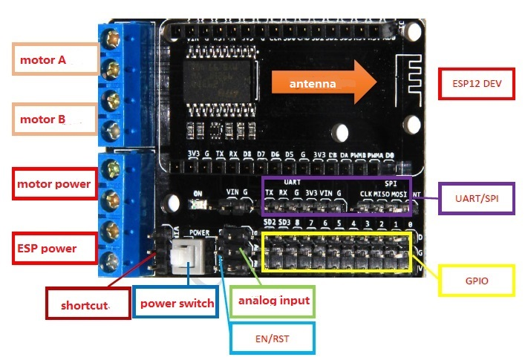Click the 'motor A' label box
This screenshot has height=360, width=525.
(x=56, y=59)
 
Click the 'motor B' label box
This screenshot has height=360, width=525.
(x=56, y=119)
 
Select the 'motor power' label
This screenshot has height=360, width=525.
(x=56, y=183)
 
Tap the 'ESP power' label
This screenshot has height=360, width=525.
(x=56, y=247)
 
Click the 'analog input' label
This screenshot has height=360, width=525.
(x=273, y=301)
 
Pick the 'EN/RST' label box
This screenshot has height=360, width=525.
(x=272, y=338)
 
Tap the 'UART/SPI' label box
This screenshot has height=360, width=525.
(x=477, y=198)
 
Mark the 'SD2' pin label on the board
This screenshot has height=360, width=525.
(x=270, y=223)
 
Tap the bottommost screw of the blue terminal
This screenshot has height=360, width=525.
(x=114, y=259)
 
